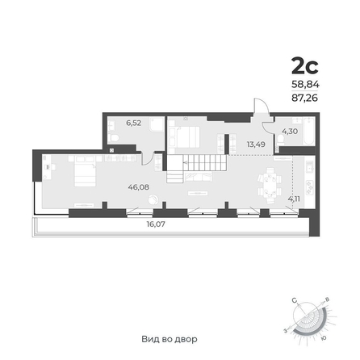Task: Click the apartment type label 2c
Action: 305,66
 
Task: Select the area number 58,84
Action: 305,85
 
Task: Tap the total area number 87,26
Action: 305,98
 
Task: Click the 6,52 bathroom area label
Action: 134,123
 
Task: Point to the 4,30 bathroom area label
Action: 290,132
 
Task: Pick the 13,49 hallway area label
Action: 256,144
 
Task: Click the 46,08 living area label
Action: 139,187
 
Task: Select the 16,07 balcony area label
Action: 156,224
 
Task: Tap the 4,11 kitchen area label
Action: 294,199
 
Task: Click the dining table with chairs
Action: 270,186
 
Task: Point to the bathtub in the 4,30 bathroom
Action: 308,132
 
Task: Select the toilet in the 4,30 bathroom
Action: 280,140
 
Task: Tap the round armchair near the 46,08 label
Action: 153,200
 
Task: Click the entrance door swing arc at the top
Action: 262,104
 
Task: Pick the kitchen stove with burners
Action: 310,186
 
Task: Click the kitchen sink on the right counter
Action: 310,166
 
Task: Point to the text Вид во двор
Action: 170,339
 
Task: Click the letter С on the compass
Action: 295,300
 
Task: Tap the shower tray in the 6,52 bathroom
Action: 157,124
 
